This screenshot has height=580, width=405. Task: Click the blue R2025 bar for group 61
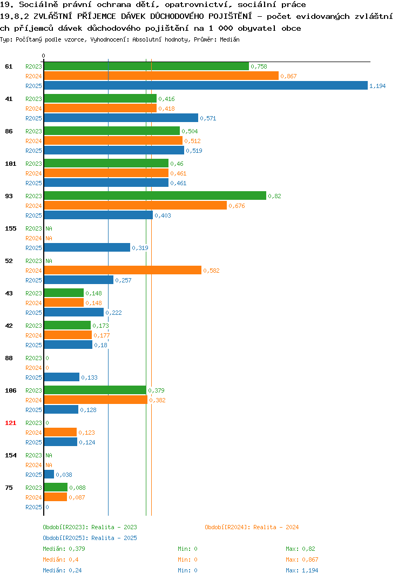pos(206,85)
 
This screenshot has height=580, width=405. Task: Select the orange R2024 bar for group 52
pos(123,271)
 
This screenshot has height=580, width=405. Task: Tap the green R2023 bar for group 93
pos(155,195)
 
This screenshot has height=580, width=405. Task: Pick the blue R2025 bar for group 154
pos(49,474)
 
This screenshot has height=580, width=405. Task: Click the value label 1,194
pos(377,86)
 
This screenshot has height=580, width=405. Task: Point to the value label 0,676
pos(237,206)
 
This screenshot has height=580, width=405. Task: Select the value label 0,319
pos(140,248)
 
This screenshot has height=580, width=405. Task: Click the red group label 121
pos(11,423)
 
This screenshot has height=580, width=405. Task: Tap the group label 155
pos(11,228)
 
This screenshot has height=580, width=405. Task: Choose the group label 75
pos(9,488)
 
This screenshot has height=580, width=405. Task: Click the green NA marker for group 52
pos(49,261)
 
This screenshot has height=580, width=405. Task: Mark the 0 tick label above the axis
pos(43,56)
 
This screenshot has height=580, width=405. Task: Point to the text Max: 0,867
pos(302,559)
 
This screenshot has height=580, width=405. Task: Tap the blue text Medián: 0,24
pos(62,570)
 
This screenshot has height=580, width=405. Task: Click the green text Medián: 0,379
pos(64,549)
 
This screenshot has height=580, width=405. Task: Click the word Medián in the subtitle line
pos(230,39)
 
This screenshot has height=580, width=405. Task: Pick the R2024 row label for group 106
pos(33,400)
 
